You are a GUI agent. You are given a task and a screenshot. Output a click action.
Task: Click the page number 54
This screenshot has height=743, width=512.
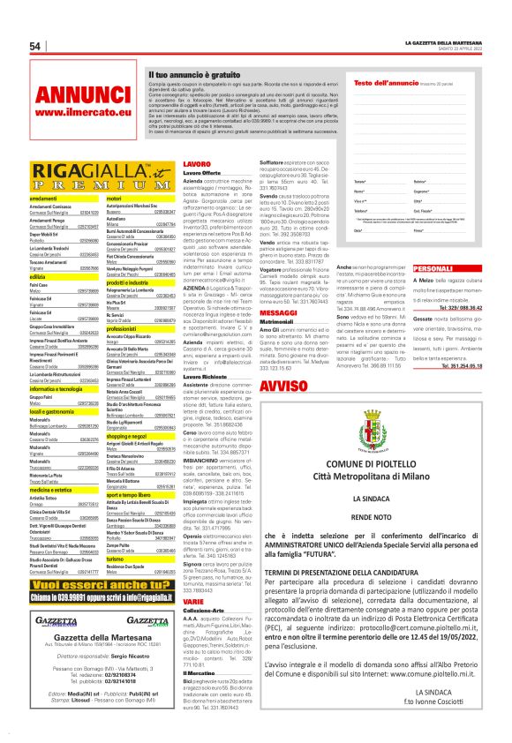(x=36, y=46)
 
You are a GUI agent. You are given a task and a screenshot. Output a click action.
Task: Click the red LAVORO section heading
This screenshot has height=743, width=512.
(x=196, y=164)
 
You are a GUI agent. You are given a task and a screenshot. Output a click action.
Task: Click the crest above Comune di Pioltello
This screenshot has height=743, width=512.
(x=377, y=416)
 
